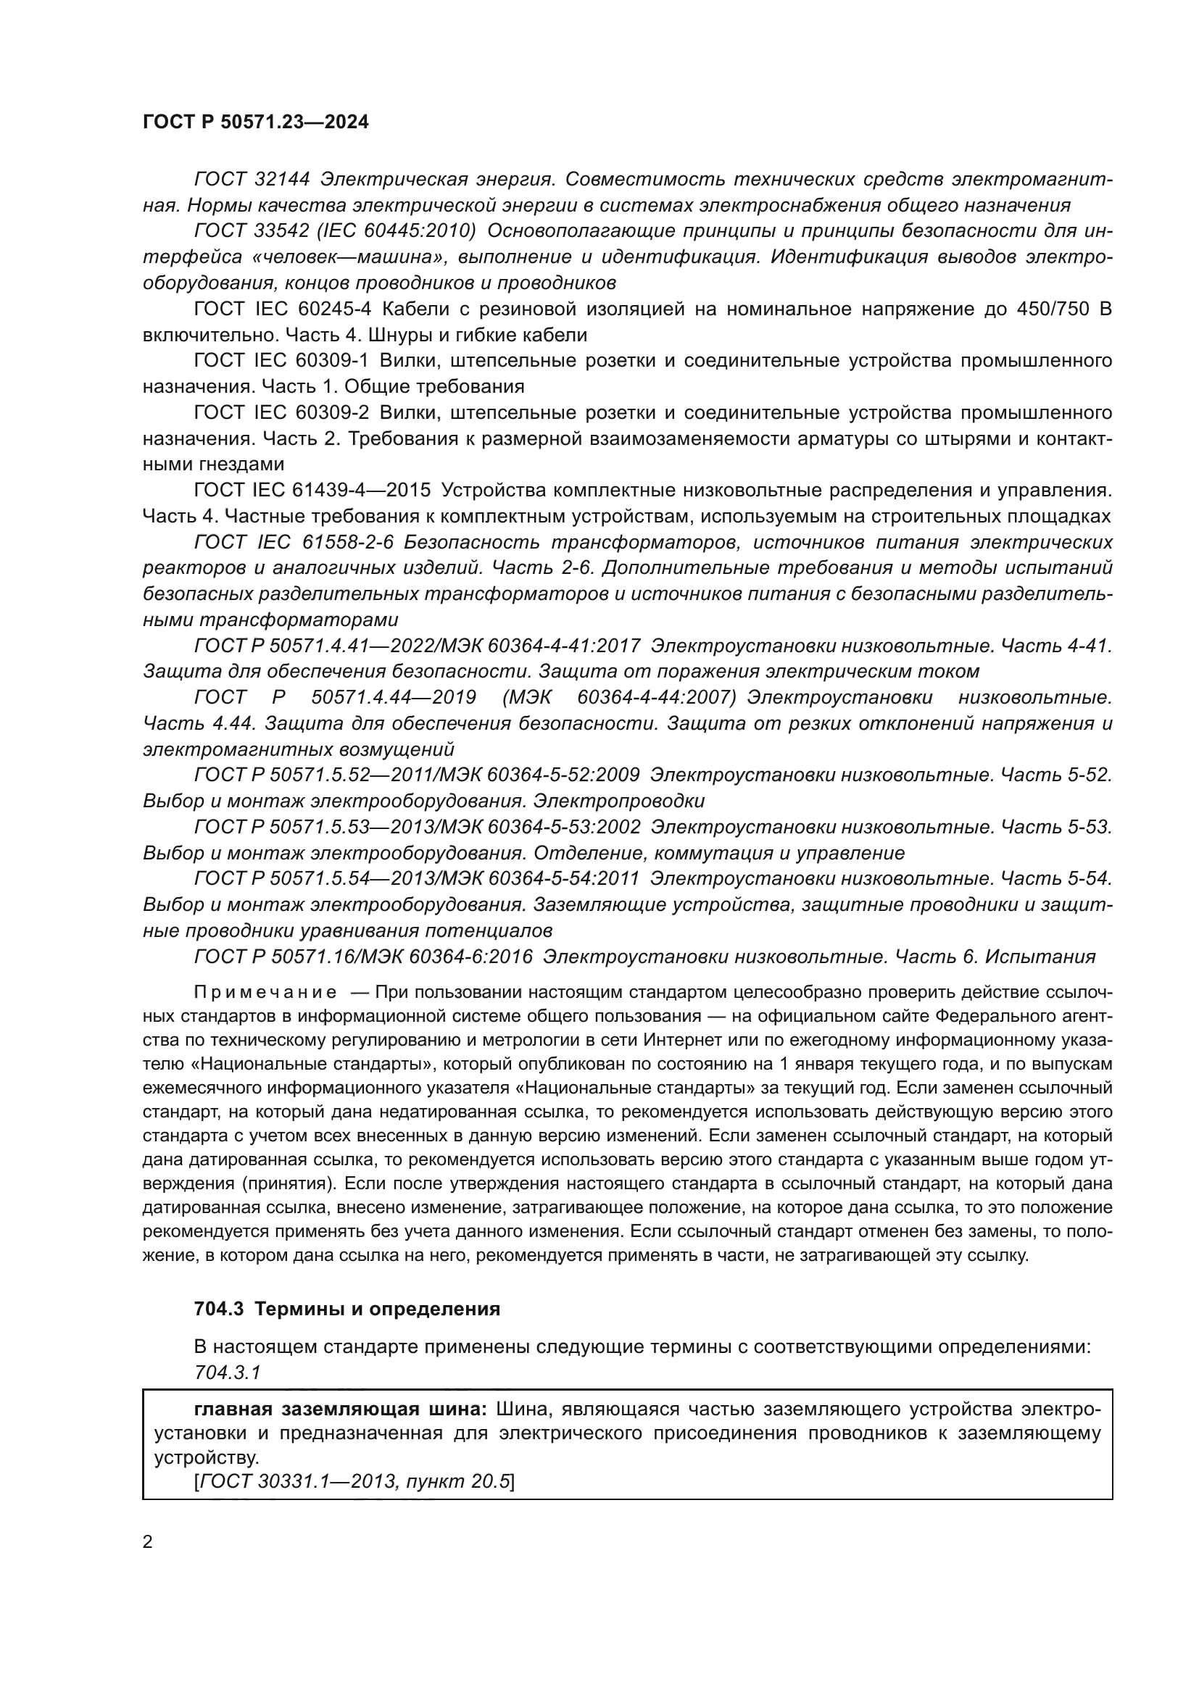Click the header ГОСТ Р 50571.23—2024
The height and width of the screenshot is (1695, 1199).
pos(255,122)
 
